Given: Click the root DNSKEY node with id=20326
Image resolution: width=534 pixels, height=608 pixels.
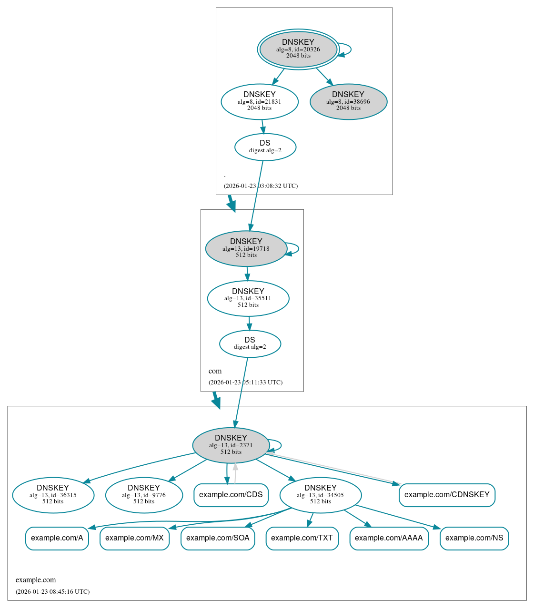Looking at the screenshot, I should point(298,49).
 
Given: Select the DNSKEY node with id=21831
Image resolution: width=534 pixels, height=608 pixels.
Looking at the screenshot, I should point(260,101).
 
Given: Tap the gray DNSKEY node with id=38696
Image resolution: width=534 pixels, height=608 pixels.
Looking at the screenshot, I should point(348,101).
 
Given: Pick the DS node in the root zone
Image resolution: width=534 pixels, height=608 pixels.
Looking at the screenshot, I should point(265,147).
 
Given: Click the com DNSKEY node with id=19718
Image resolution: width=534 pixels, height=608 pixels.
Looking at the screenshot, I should point(246,248).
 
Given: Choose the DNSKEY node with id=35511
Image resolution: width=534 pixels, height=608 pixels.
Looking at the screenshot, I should point(248,298).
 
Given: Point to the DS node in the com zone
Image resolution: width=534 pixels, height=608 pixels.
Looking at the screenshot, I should point(250,343).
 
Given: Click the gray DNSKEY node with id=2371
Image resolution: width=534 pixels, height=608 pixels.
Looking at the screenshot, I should point(231,445).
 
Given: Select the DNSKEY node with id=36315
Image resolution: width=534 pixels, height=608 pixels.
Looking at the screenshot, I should point(53,495).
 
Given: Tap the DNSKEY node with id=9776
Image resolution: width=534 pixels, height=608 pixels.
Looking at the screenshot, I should point(144,495).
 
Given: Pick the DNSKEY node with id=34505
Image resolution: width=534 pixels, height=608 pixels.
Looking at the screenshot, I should point(320,495).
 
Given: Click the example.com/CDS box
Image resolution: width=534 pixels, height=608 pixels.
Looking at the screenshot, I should point(231,495).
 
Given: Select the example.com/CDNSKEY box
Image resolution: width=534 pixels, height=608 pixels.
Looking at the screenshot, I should point(447,495).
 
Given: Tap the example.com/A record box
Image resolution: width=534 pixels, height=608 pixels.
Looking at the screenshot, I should point(57,538).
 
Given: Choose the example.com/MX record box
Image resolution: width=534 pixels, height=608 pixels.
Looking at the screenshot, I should point(134,538).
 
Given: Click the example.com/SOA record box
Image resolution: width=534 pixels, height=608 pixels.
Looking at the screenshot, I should point(218,538).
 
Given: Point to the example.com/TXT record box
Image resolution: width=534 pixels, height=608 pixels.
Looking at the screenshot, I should point(302,538).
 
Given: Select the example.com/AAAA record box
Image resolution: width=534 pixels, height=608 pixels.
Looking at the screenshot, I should point(389,538).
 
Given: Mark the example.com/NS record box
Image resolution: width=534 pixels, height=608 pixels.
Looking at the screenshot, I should point(474,538).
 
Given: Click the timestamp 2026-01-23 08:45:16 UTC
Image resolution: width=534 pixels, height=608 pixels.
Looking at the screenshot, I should point(52,592).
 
